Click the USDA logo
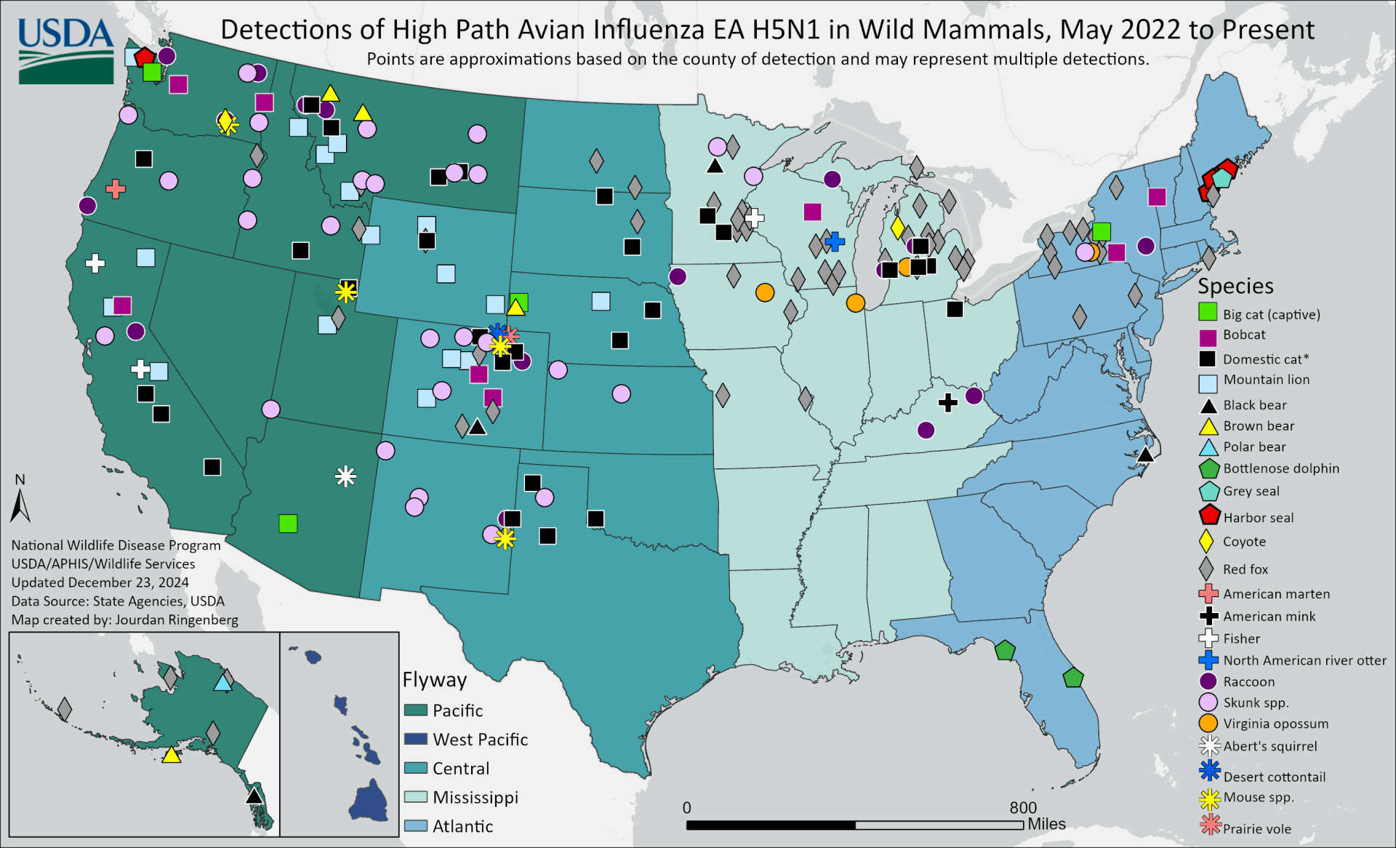coord(66,49)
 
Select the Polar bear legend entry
coord(1254,447)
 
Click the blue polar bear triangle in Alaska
coord(223,683)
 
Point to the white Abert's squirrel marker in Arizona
coord(346,476)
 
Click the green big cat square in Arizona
coord(288,524)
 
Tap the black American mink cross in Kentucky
coord(947,402)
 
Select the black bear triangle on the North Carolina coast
coord(1145,455)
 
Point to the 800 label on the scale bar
coord(1023,808)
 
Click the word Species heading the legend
coord(1235,286)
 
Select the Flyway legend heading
coord(435,680)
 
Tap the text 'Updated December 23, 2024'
coord(100,583)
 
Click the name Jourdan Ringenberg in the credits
coord(177,620)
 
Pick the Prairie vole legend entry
coord(1256,829)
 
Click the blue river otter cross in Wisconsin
coord(835,241)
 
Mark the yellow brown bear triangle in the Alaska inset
coord(172,756)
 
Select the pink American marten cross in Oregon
coord(116,189)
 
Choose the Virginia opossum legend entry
coord(1275,724)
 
